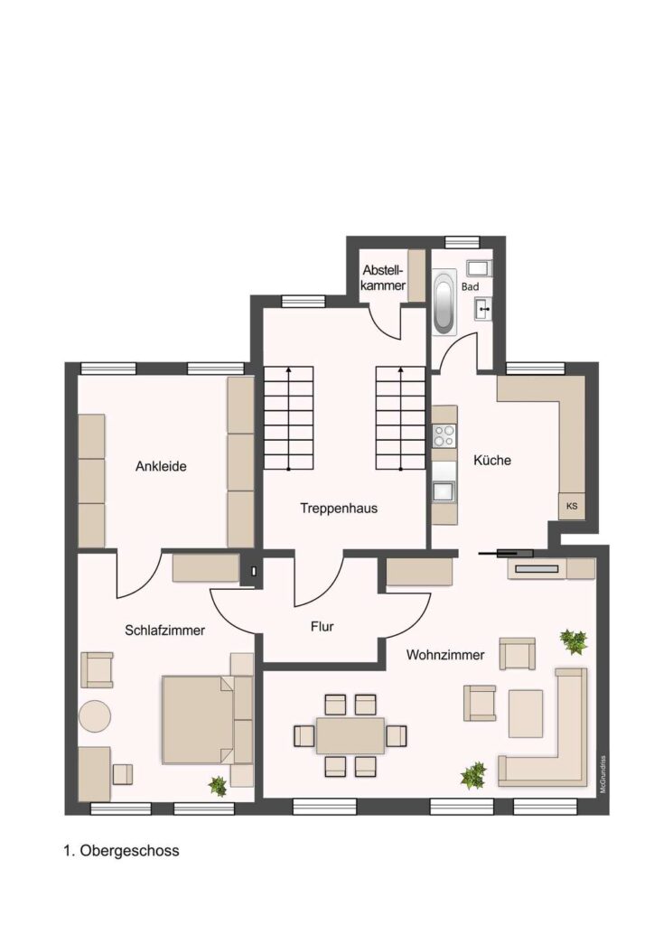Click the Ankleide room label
point(161,466)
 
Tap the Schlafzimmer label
point(164,630)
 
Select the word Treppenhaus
point(339,508)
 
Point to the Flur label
point(322,626)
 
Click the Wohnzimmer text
point(445,654)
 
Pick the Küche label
point(492,460)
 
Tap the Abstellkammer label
point(383,278)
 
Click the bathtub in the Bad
point(444,303)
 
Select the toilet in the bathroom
point(479,268)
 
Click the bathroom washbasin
point(483,307)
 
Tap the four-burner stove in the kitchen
point(444,436)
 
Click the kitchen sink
point(444,491)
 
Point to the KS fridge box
point(572,506)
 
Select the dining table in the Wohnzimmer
point(350,735)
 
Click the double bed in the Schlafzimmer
point(199,719)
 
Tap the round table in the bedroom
point(94,715)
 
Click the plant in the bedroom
point(218,785)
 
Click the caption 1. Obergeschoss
point(121,851)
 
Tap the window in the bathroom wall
point(462,242)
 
